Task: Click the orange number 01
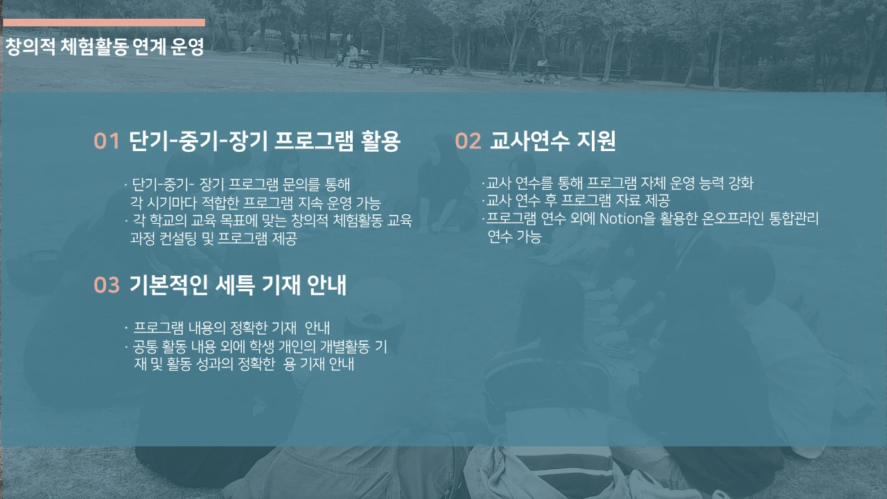click(x=107, y=141)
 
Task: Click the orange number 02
click(x=468, y=141)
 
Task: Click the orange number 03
click(x=107, y=285)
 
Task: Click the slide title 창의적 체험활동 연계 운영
click(x=104, y=47)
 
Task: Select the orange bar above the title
click(x=104, y=22)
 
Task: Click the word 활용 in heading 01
click(x=381, y=141)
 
